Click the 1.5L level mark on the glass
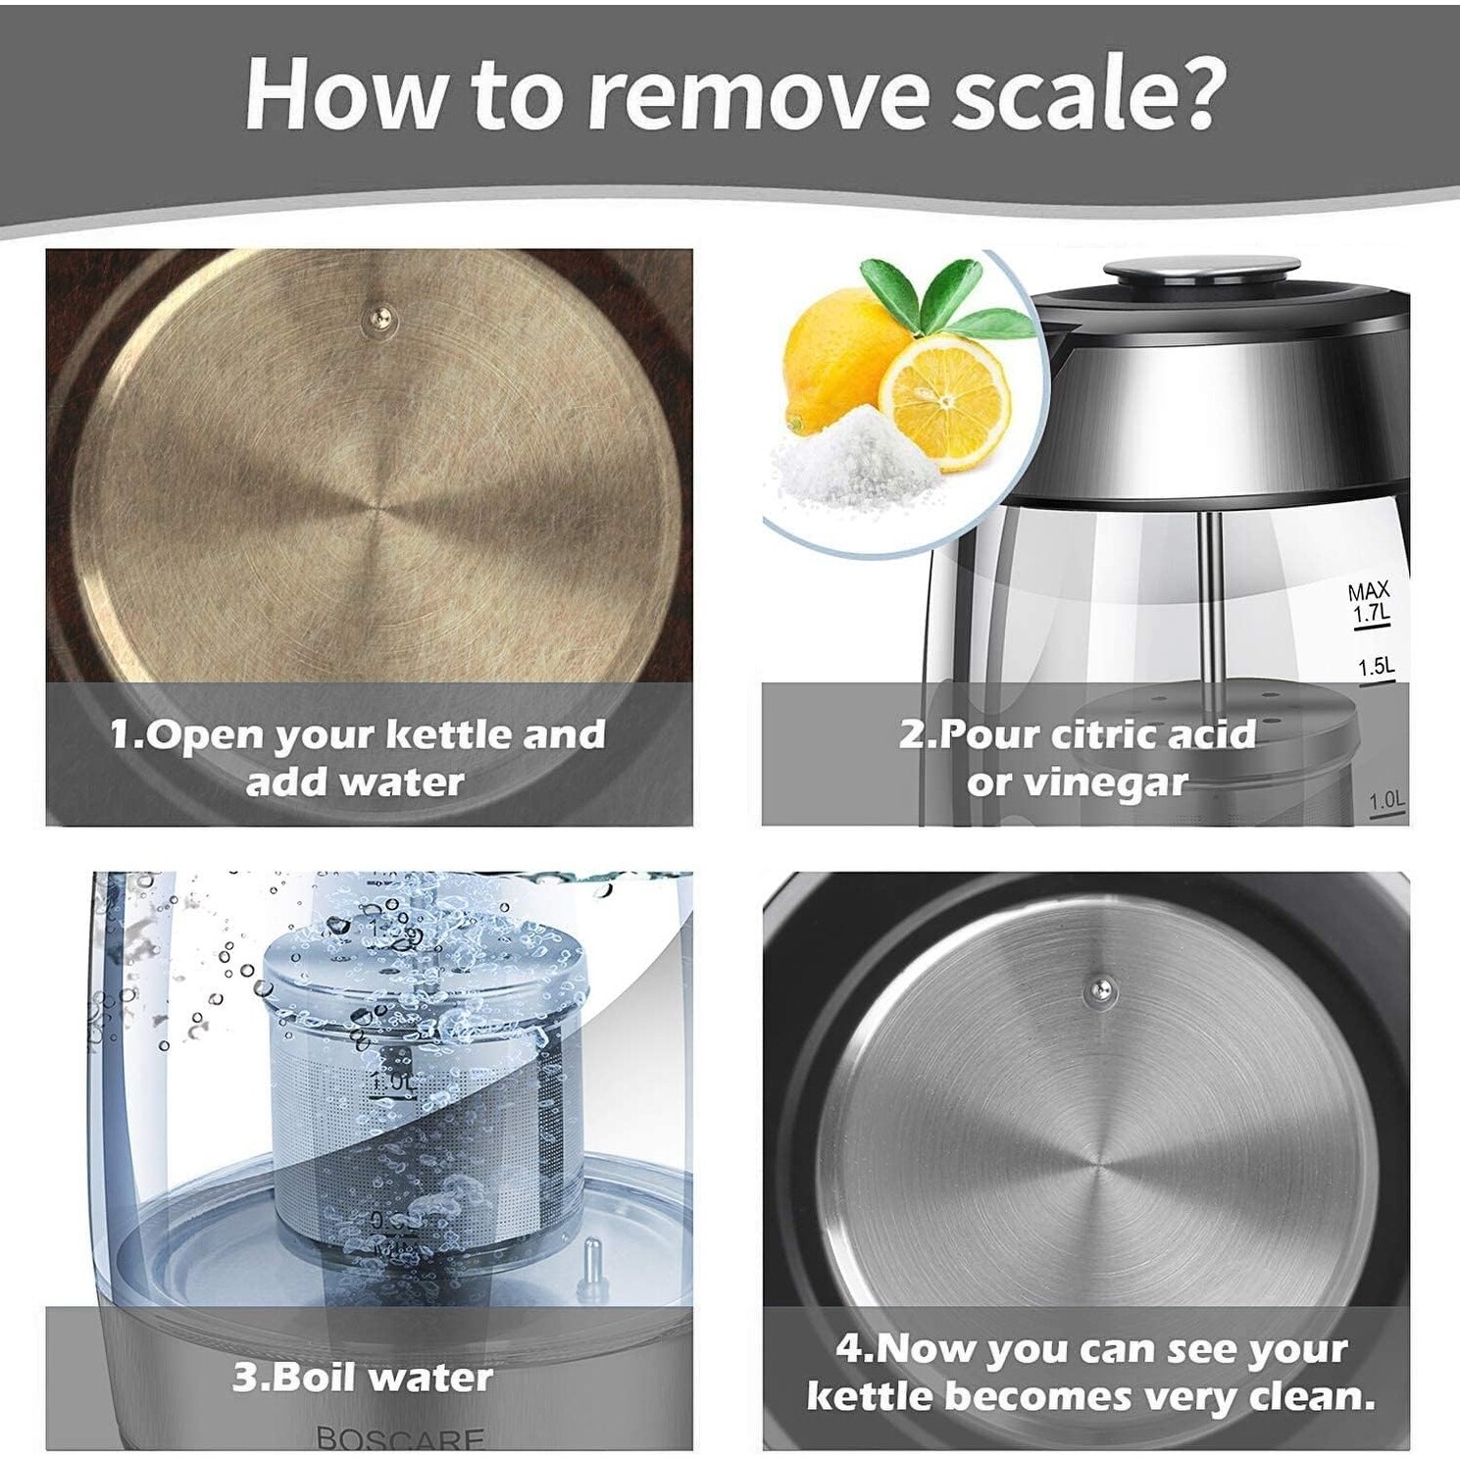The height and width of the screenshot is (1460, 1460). coord(1376,668)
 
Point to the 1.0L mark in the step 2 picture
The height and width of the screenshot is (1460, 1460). coord(1386,801)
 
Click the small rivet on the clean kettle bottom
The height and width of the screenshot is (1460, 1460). coord(1099,993)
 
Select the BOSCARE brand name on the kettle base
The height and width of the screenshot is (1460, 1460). coord(400,1438)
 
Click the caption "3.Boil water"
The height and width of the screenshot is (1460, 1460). coord(363,1377)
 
